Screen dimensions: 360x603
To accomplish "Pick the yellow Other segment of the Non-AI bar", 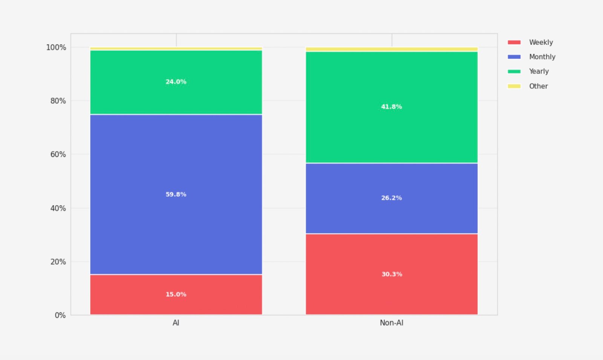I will pyautogui.click(x=392, y=49).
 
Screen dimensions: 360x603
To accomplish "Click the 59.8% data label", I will pyautogui.click(x=176, y=195).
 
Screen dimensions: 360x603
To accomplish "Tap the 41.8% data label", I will pyautogui.click(x=392, y=107).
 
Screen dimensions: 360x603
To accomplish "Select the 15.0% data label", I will pyautogui.click(x=176, y=294).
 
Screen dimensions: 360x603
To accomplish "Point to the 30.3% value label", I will pyautogui.click(x=392, y=274).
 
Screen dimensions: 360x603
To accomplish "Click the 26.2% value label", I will pyautogui.click(x=392, y=198).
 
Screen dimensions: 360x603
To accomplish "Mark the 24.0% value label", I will pyautogui.click(x=176, y=82).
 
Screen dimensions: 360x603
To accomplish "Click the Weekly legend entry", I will pyautogui.click(x=541, y=42).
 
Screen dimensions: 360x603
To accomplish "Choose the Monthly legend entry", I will pyautogui.click(x=542, y=57).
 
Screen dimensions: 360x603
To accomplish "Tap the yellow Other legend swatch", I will pyautogui.click(x=514, y=86).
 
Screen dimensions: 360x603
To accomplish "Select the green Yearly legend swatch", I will pyautogui.click(x=514, y=72).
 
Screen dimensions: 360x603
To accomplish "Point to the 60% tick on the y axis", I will pyautogui.click(x=58, y=155).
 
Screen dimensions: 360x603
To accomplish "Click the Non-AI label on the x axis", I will pyautogui.click(x=392, y=323).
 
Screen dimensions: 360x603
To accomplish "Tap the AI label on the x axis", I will pyautogui.click(x=176, y=323).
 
